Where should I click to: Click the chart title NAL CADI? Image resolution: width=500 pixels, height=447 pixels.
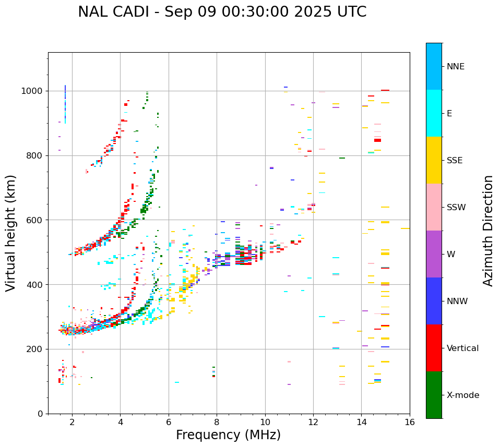click(x=222, y=12)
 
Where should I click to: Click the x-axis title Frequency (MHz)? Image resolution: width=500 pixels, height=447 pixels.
click(x=228, y=435)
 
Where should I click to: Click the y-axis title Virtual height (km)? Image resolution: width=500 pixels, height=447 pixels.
click(x=11, y=233)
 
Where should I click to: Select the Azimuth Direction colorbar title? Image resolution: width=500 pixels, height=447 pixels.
click(x=488, y=231)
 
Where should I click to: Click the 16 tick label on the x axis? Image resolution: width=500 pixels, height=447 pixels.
click(x=410, y=422)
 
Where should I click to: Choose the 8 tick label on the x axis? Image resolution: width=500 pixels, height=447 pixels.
click(x=217, y=422)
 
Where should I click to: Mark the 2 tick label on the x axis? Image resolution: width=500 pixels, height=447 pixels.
click(x=72, y=422)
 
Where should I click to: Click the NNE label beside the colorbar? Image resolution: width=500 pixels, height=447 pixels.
click(x=455, y=67)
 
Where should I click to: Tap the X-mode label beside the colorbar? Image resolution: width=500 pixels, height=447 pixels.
click(x=463, y=395)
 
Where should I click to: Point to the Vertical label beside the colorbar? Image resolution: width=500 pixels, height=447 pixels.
click(x=462, y=348)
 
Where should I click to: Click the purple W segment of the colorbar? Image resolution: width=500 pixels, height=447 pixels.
click(x=434, y=254)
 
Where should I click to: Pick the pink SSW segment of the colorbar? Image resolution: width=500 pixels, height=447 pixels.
click(x=434, y=207)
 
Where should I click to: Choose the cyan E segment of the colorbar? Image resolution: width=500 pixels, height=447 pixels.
click(x=434, y=113)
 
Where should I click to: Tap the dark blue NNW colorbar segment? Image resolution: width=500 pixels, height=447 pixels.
click(x=434, y=301)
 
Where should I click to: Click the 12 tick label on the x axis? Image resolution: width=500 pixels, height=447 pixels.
click(x=313, y=422)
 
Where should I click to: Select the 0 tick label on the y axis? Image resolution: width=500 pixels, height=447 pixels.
click(x=41, y=414)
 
